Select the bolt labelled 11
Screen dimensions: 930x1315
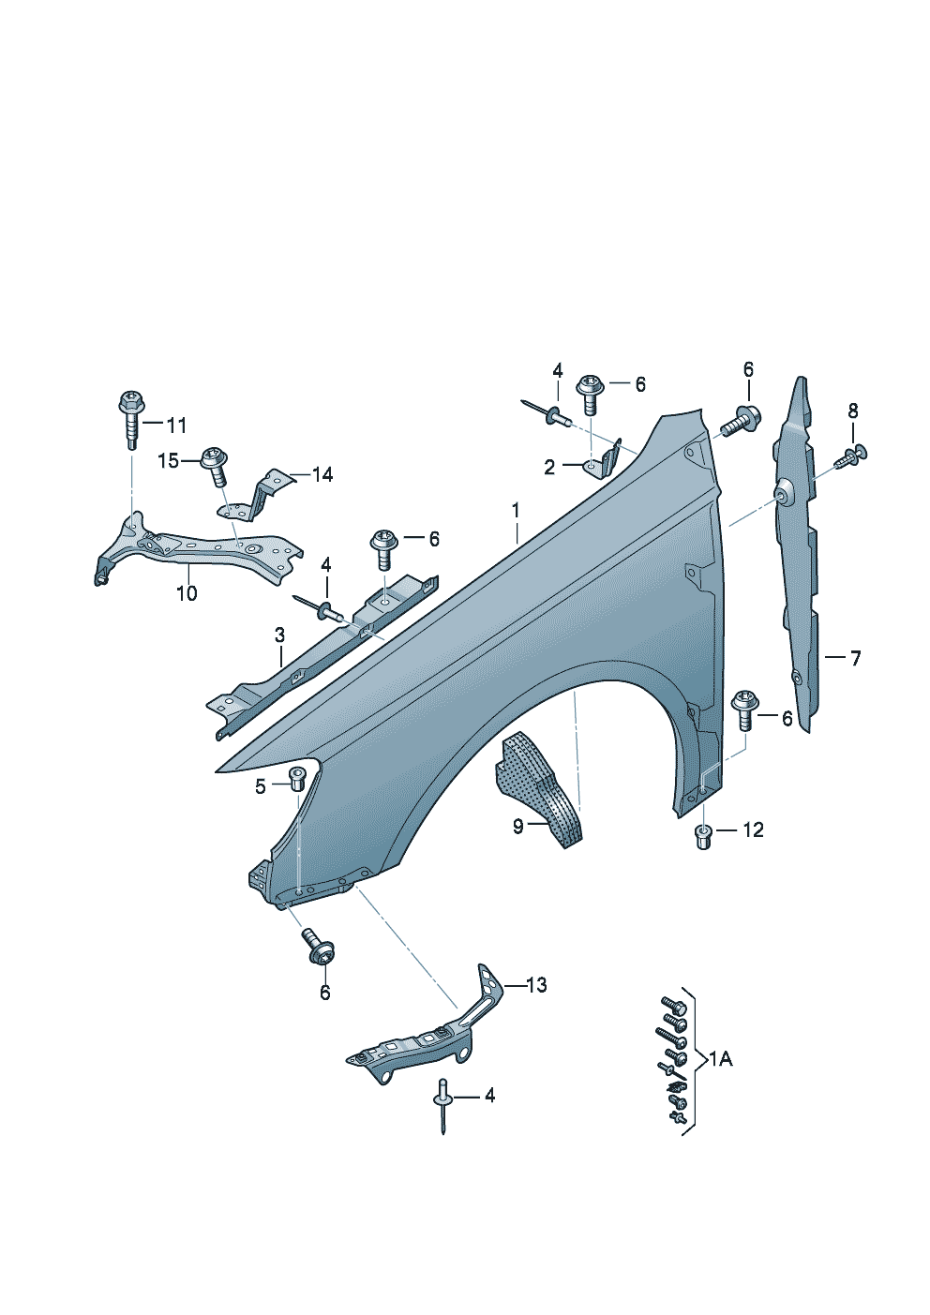[131, 420]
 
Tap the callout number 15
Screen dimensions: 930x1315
[168, 461]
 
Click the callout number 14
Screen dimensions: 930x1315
[322, 474]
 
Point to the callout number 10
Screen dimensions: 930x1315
[187, 593]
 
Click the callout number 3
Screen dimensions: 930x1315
[279, 635]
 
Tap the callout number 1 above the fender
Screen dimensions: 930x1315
[516, 511]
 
